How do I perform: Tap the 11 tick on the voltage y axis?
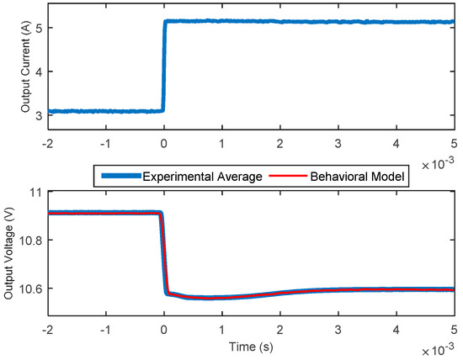[35, 193]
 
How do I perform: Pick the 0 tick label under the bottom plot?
[164, 329]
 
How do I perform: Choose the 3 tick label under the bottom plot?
[338, 329]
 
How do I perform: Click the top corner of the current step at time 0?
[165, 22]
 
